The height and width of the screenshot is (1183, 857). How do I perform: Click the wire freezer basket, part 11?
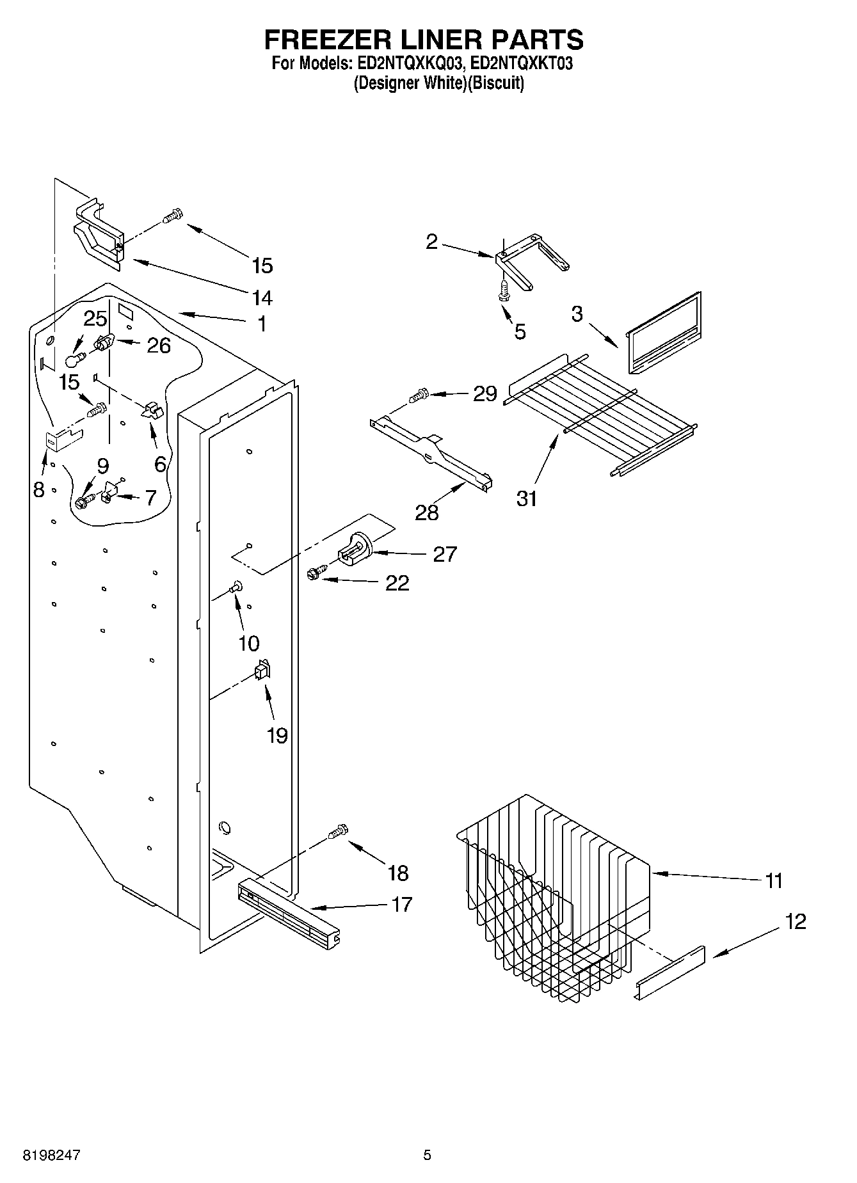(x=554, y=896)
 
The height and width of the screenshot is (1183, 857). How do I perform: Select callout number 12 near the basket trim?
(x=796, y=922)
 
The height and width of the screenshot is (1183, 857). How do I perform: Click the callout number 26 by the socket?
(x=159, y=345)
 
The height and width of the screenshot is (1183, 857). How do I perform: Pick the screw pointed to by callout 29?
(x=419, y=396)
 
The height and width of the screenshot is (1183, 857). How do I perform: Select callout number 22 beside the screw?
(x=397, y=583)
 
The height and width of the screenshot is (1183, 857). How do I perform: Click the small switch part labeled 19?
(x=262, y=671)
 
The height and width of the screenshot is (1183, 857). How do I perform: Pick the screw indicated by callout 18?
(x=338, y=832)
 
